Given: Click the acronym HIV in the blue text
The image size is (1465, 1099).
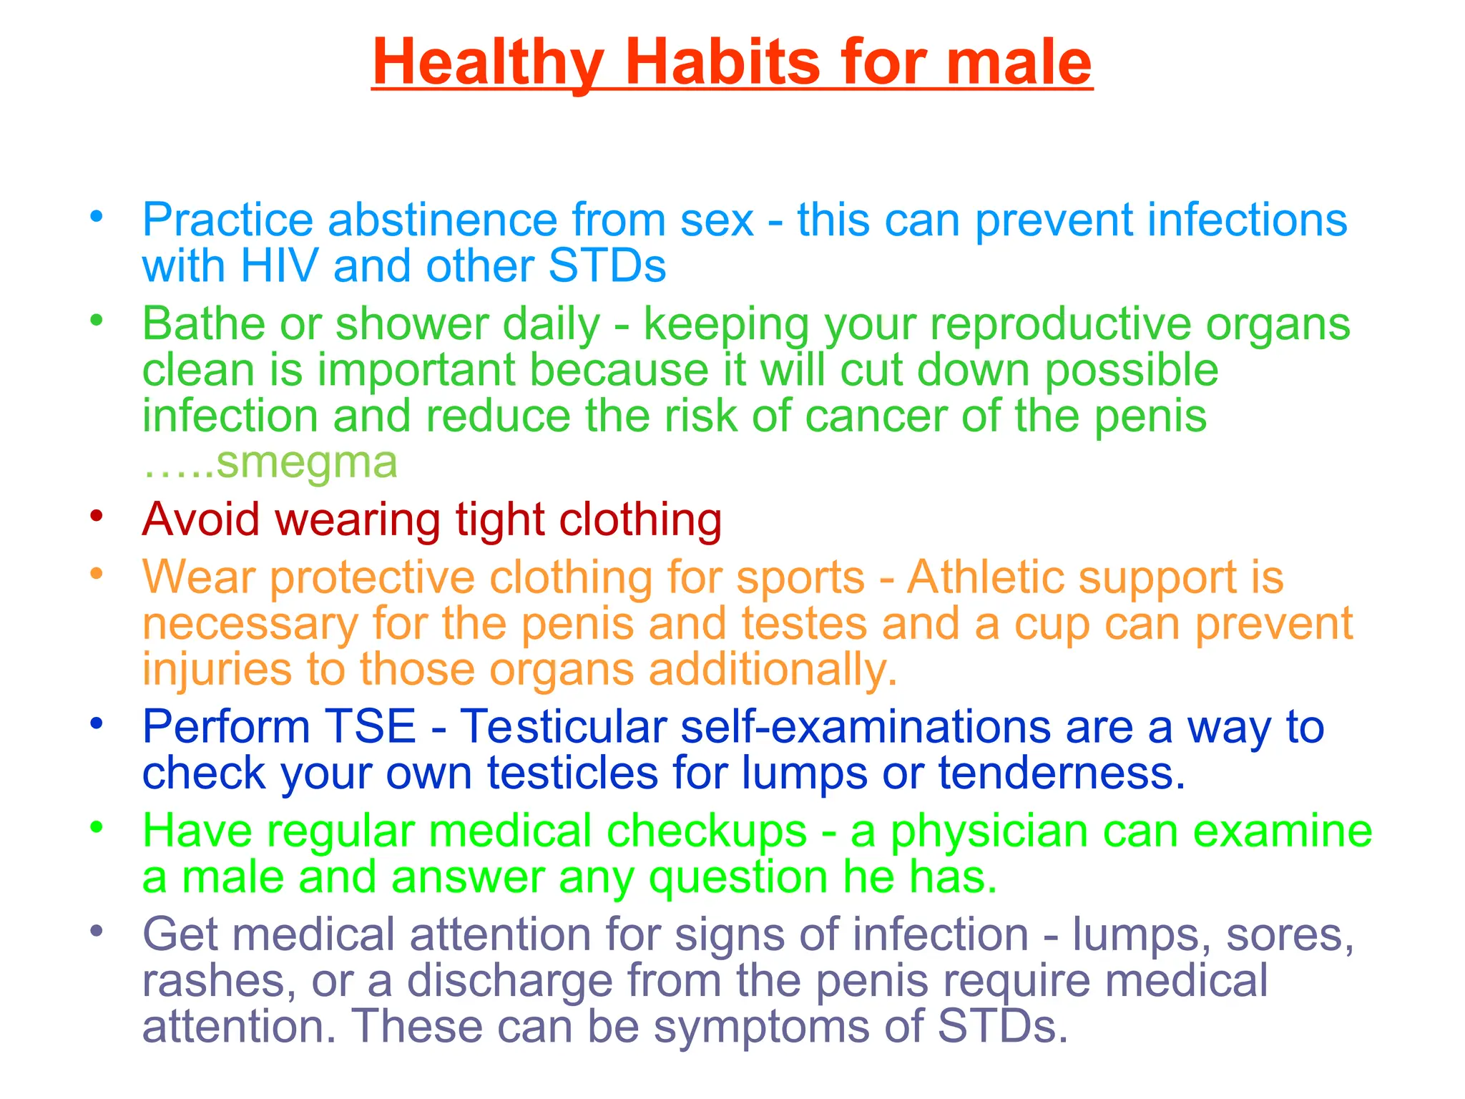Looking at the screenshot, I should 280,266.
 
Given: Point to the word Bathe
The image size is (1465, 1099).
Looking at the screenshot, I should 204,323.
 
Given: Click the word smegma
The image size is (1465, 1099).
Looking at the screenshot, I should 306,462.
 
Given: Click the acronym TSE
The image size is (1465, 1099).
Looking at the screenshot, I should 370,726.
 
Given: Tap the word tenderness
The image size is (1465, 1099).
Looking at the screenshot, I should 1062,773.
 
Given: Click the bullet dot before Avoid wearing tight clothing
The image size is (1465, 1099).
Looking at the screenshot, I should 97,515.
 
